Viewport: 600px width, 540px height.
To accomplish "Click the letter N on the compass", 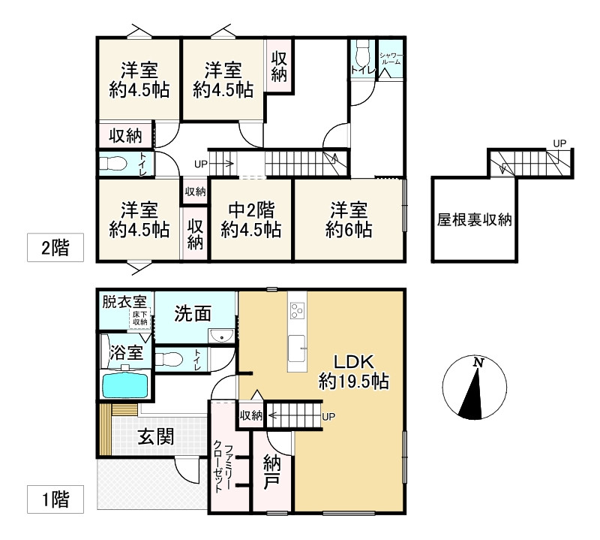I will point(477,364).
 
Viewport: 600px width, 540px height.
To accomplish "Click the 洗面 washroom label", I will point(192,313).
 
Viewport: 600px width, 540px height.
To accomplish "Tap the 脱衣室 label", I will point(125,302).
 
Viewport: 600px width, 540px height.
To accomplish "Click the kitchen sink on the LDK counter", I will point(298,347).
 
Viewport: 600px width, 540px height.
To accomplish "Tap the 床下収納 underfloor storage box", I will point(140,318).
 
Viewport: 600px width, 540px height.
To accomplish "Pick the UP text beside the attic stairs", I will point(559,143).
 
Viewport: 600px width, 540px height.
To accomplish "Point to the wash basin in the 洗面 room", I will point(220,336).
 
